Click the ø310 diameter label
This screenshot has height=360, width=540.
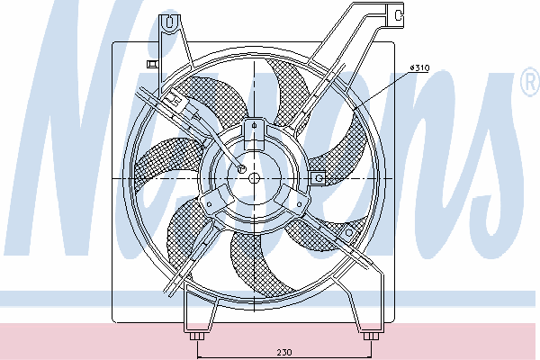click(x=419, y=67)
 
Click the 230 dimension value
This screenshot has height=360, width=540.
click(x=284, y=352)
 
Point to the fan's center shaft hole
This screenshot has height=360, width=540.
click(x=254, y=178)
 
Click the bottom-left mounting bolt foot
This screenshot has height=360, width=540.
click(x=197, y=336)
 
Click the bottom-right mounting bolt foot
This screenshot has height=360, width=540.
click(x=371, y=336)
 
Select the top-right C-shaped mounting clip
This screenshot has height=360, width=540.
click(x=396, y=14)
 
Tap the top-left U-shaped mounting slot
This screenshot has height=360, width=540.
click(x=169, y=22)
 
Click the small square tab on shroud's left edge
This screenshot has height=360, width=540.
click(x=152, y=64)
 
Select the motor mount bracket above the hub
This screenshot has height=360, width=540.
click(x=254, y=134)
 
